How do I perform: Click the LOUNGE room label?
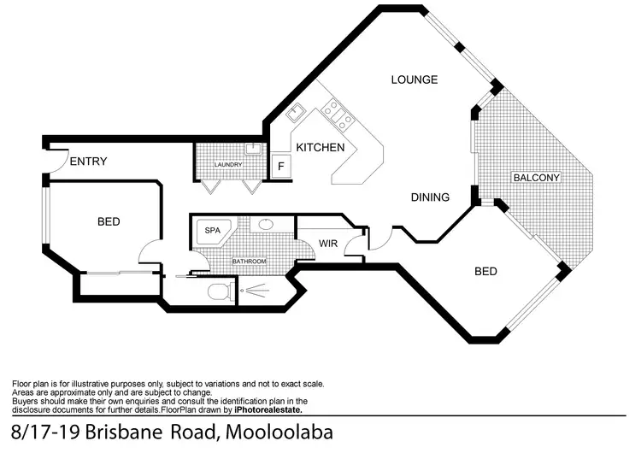point(415,79)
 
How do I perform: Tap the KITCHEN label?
point(320,148)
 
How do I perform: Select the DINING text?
point(430,197)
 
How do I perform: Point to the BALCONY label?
point(536,178)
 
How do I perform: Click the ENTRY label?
point(88,162)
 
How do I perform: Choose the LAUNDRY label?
point(228,164)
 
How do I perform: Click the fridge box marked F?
point(280,167)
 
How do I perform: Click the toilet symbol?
point(220,291)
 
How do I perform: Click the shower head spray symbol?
point(252,291)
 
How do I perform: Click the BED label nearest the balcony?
point(485,272)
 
